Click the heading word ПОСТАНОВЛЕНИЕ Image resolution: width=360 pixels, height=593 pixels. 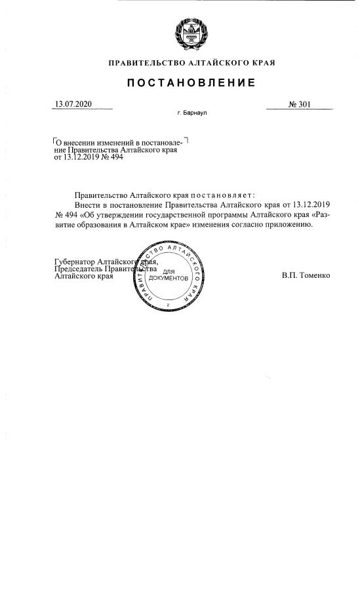point(191,83)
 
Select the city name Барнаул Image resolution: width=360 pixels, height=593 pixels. point(195,113)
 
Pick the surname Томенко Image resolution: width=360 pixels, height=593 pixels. point(315,275)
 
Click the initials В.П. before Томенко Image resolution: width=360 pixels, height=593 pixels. point(290,275)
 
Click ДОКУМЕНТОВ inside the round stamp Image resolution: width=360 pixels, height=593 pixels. point(169,278)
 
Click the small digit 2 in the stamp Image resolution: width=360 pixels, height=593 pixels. point(169,306)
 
